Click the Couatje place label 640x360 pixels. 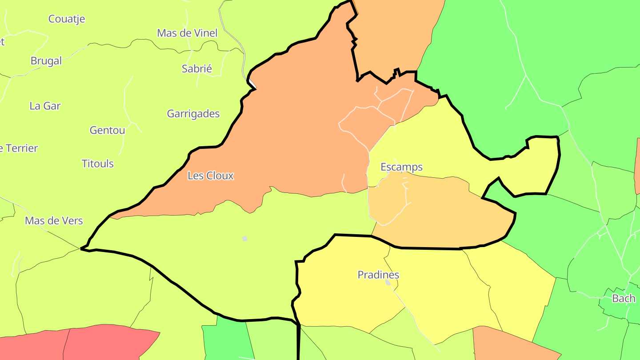pos(67,19)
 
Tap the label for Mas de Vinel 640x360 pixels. pos(187,33)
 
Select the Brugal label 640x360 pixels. pos(46,61)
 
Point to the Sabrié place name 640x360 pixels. pos(197,68)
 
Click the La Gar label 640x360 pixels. pos(45,106)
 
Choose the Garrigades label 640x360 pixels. pos(193,114)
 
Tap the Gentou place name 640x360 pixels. pos(107,130)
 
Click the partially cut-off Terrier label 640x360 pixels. pos(19,148)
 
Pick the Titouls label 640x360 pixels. pos(98,164)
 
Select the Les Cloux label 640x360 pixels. pos(210,176)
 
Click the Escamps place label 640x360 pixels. pos(401,167)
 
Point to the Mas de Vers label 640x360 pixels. pos(54,221)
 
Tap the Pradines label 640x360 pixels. pos(378,275)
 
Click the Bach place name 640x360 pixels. pos(624,298)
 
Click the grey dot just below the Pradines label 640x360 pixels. pos(388,283)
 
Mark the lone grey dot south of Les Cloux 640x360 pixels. pos(244,239)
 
